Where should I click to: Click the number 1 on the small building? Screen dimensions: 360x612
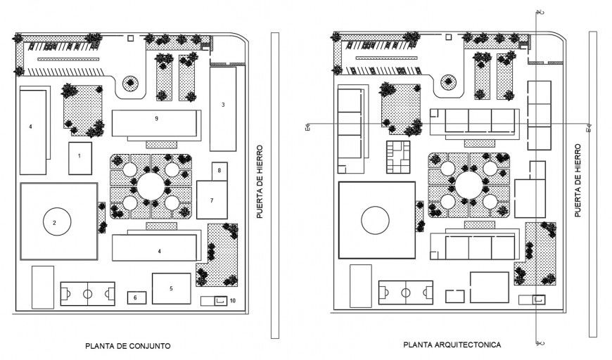coord(80,155)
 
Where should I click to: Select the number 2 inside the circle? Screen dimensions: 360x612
coord(53,224)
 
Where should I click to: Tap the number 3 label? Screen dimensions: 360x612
coord(223,105)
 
